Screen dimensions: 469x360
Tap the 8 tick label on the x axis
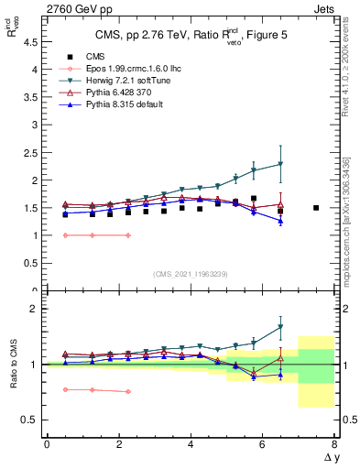pyautogui.click(x=335, y=443)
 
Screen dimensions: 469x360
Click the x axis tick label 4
pyautogui.click(x=191, y=443)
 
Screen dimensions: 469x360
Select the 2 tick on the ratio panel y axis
pyautogui.click(x=35, y=309)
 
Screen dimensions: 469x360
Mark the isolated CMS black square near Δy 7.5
pyautogui.click(x=316, y=208)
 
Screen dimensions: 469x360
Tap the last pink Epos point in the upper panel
pyautogui.click(x=128, y=235)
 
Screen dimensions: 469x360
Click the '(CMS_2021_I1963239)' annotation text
pyautogui.click(x=191, y=273)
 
